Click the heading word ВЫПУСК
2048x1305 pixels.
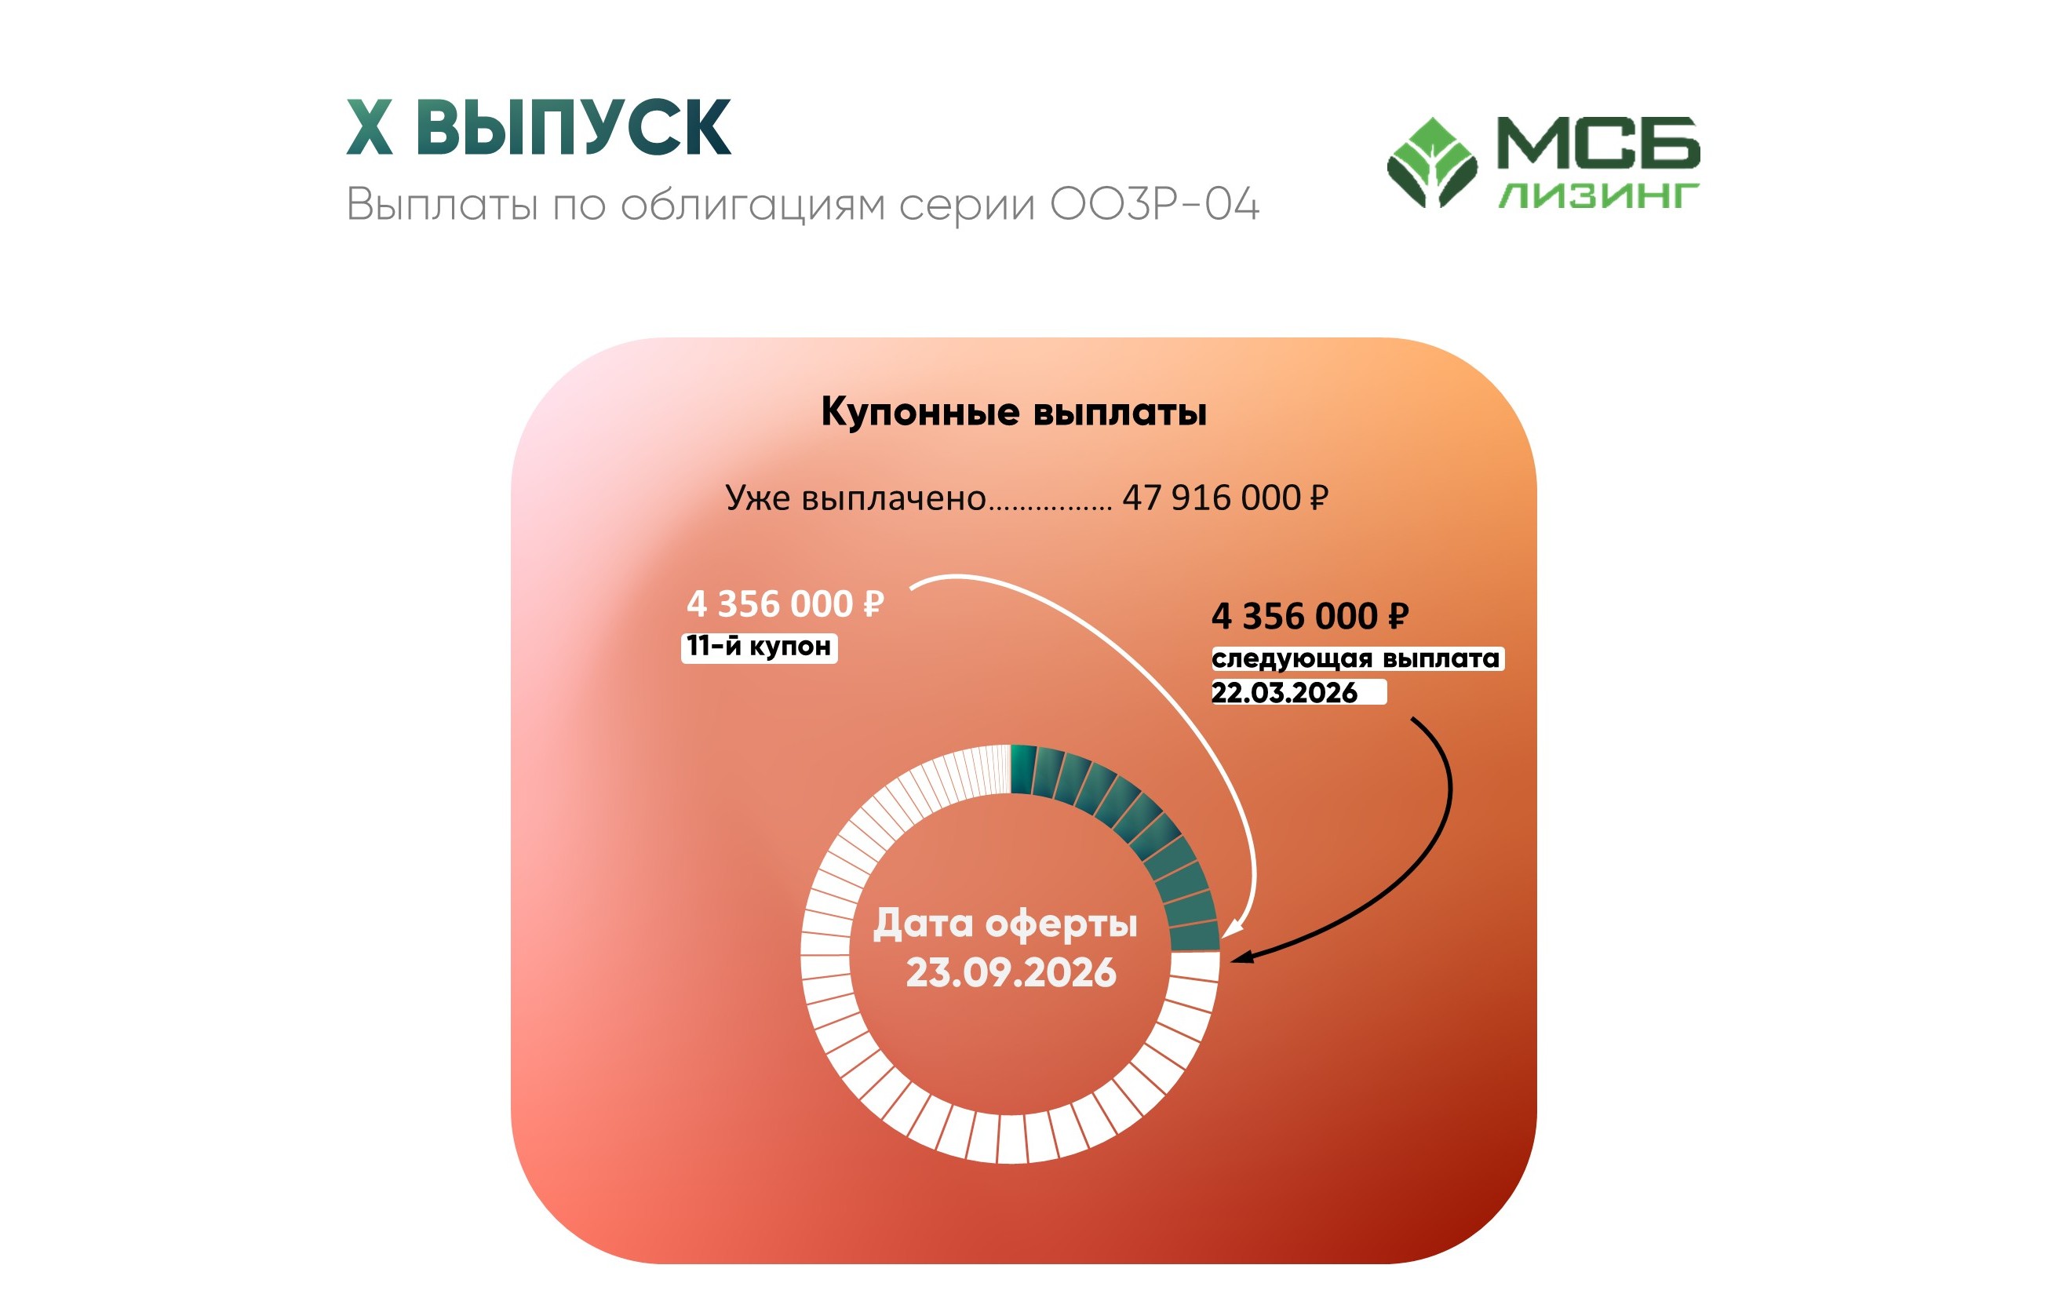(x=574, y=127)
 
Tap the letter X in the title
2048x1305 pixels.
(x=370, y=127)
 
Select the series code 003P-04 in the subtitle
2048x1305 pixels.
(x=1154, y=204)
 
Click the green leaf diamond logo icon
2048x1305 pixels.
(x=1432, y=162)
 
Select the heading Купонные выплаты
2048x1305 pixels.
(x=1014, y=413)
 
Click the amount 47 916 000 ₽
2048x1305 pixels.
(x=1225, y=498)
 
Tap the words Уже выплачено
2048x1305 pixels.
(x=855, y=498)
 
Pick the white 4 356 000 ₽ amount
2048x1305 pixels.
(x=785, y=604)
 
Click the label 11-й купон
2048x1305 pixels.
(x=759, y=647)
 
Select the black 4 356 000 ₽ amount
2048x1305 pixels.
(x=1310, y=616)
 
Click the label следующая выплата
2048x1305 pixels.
(x=1357, y=658)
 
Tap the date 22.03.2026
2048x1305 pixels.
(x=1285, y=692)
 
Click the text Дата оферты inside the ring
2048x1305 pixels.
(x=1005, y=924)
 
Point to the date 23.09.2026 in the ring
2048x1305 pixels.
(x=1011, y=972)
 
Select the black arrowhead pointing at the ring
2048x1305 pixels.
(x=1244, y=957)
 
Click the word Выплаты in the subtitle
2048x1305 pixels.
(x=443, y=204)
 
